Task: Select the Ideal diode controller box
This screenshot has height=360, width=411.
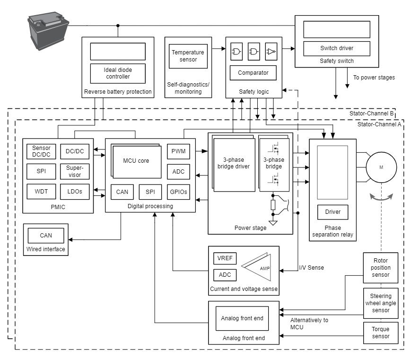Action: [x=117, y=73]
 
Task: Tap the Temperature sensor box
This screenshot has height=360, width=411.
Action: [x=188, y=56]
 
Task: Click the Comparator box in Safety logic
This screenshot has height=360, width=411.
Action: [x=253, y=73]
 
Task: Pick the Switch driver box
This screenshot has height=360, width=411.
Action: [x=336, y=48]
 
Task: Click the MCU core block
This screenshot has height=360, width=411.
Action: [x=136, y=161]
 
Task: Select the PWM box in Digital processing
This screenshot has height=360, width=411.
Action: [x=178, y=152]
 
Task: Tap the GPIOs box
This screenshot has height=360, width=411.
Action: [x=178, y=192]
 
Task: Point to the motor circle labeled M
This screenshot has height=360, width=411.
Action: [x=381, y=167]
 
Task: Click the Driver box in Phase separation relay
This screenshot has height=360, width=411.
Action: [x=332, y=212]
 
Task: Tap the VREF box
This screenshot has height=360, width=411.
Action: [x=225, y=259]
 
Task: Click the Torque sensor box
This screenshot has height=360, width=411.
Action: [x=381, y=333]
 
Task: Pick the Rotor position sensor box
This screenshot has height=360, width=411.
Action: [x=381, y=268]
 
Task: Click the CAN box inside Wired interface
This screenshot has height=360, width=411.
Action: [x=46, y=235]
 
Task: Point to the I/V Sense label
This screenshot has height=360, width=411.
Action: [x=311, y=268]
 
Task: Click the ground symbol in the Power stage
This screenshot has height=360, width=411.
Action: [x=273, y=223]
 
